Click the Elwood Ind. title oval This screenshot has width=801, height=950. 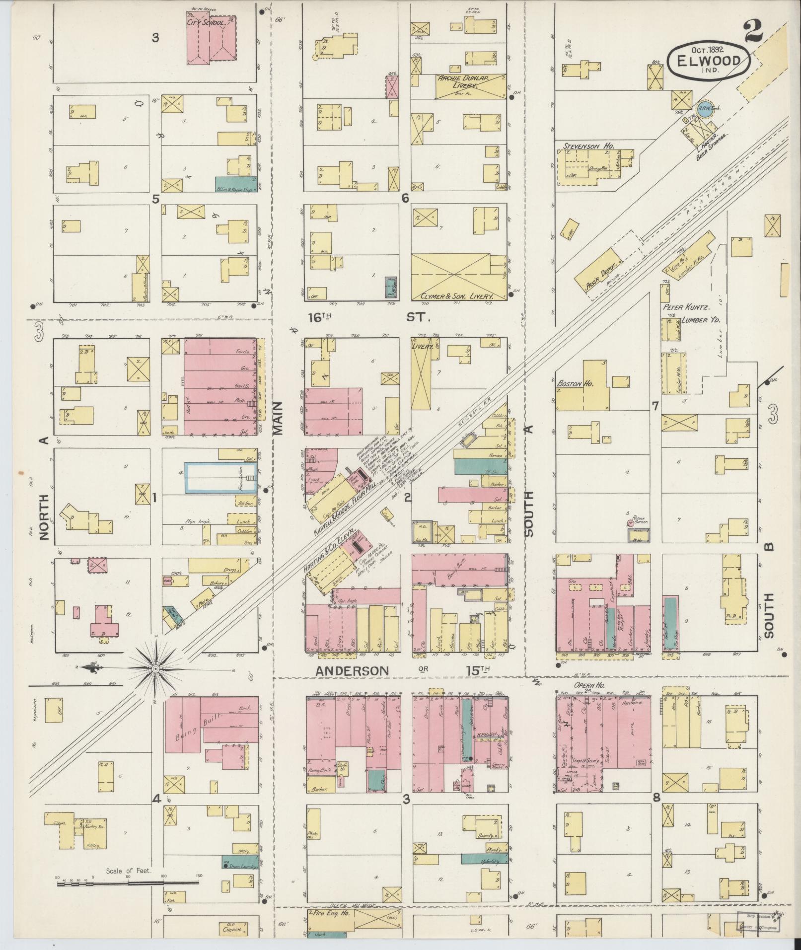point(708,59)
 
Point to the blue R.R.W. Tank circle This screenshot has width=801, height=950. point(704,109)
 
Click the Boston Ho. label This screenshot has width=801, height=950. point(570,383)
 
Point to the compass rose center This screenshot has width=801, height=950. point(155,669)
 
